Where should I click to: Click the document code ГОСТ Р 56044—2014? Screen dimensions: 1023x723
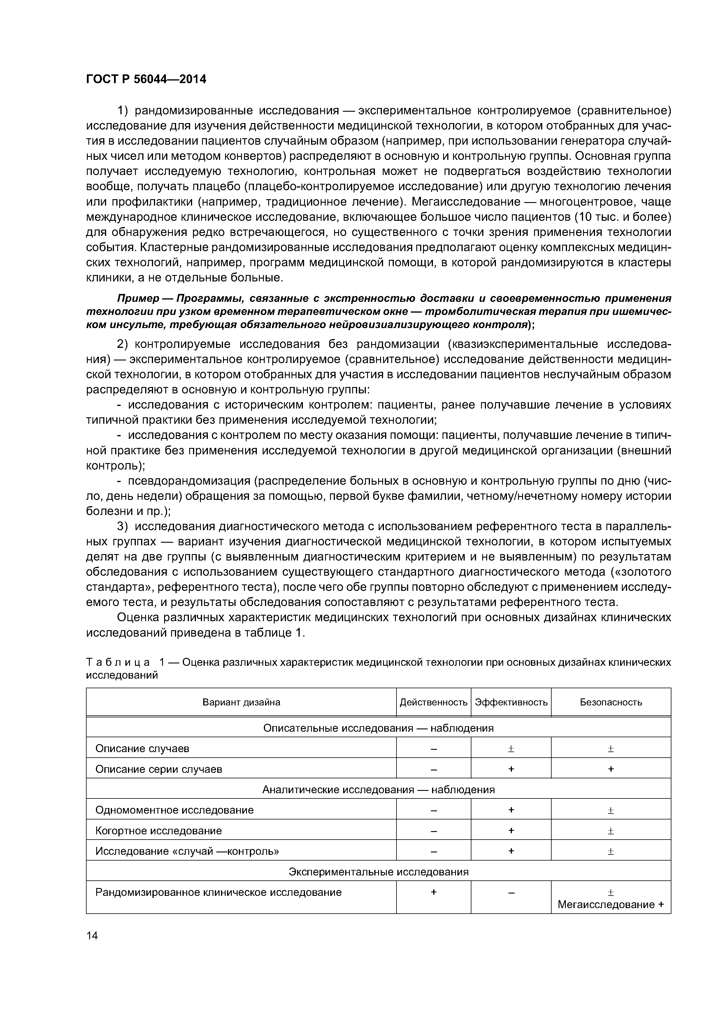(146, 79)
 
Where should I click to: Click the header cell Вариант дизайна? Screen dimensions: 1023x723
(241, 702)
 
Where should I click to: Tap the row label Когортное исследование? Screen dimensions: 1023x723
(158, 831)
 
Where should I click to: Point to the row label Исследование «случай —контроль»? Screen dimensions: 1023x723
(187, 851)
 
